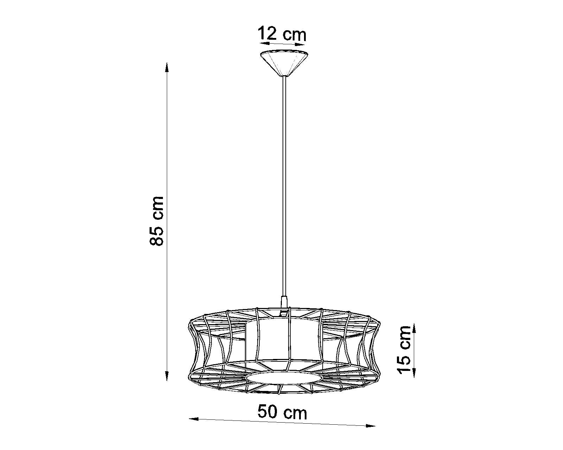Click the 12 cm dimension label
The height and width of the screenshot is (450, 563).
click(x=282, y=34)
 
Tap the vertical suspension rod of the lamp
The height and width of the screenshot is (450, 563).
click(x=284, y=183)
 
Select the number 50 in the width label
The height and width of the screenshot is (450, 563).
click(x=269, y=412)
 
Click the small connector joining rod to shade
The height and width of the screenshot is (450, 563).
click(x=284, y=302)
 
